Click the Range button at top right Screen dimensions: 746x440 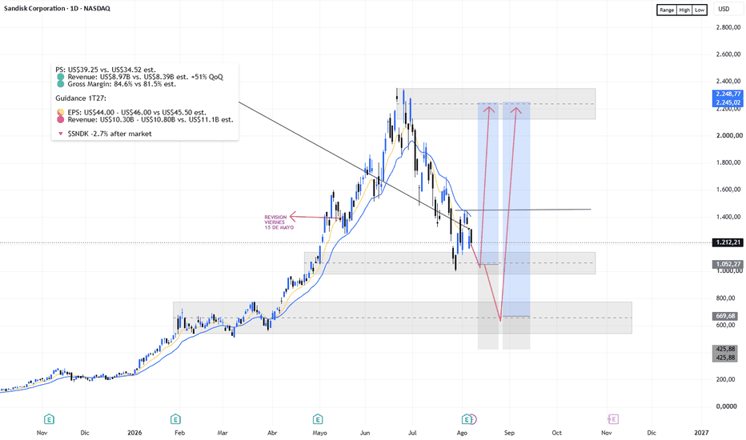[667, 10]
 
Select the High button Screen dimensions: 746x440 [684, 10]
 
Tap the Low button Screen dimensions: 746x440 [700, 10]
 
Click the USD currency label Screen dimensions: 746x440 [724, 9]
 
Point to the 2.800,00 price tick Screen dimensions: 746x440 [728, 27]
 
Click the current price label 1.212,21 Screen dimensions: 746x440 [728, 242]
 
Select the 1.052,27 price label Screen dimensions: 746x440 [728, 264]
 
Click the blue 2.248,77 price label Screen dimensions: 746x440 [728, 94]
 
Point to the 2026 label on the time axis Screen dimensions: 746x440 [134, 433]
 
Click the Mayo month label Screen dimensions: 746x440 [319, 433]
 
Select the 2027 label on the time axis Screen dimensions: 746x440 [701, 433]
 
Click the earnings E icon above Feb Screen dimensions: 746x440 [175, 419]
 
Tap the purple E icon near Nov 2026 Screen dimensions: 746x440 [613, 419]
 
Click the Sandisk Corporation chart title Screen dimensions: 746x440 [57, 8]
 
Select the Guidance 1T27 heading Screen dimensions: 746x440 [81, 98]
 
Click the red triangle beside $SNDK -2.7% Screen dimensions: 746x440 [60, 134]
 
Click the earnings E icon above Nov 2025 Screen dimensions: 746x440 [49, 419]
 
